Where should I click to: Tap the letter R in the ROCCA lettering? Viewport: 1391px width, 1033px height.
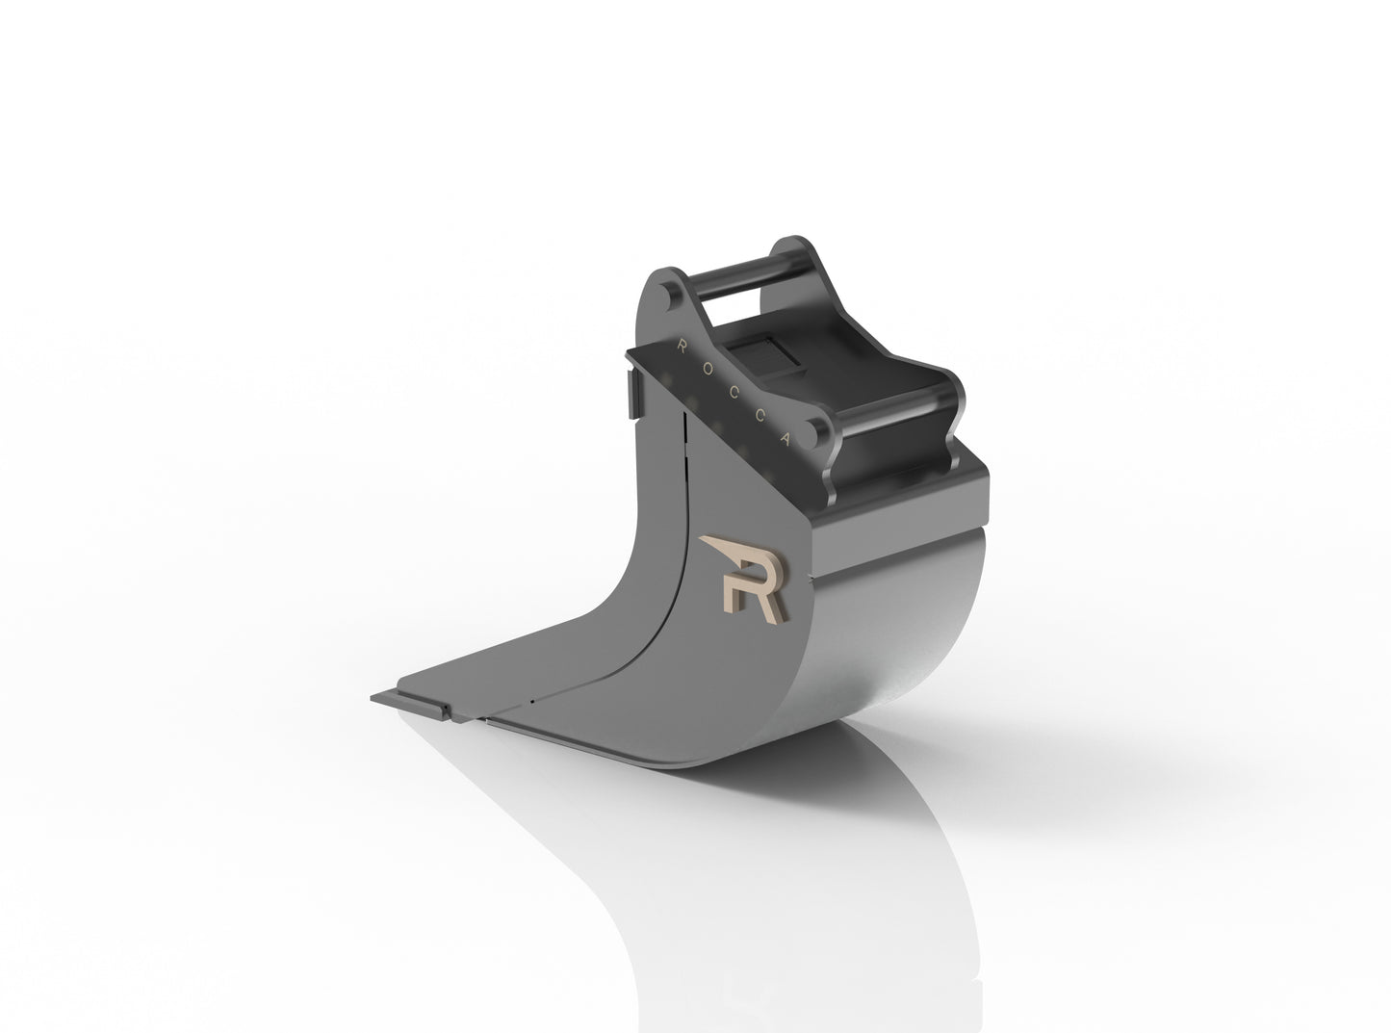pos(683,342)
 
